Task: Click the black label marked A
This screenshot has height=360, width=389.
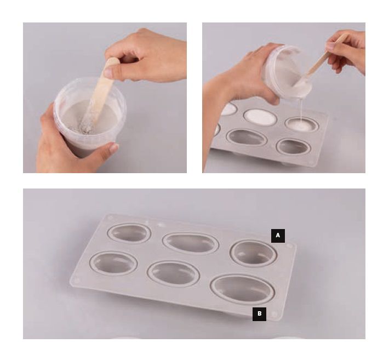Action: (x=278, y=236)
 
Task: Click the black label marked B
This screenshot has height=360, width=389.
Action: (x=259, y=314)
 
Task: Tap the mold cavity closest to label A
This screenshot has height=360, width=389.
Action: (x=253, y=253)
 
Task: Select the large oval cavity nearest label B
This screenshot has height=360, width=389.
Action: (x=242, y=289)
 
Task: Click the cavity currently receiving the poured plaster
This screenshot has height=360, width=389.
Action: (x=301, y=124)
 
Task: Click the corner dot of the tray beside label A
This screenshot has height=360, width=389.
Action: (x=289, y=246)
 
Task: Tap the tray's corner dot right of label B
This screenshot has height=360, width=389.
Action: (x=274, y=314)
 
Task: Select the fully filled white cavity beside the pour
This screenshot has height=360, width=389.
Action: (x=260, y=117)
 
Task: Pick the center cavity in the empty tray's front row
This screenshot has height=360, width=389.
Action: (x=173, y=273)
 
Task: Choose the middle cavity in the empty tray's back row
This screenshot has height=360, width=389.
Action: (x=191, y=243)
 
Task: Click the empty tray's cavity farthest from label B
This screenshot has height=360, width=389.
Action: (x=129, y=233)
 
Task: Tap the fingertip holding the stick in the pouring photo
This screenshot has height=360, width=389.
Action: (x=330, y=47)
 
